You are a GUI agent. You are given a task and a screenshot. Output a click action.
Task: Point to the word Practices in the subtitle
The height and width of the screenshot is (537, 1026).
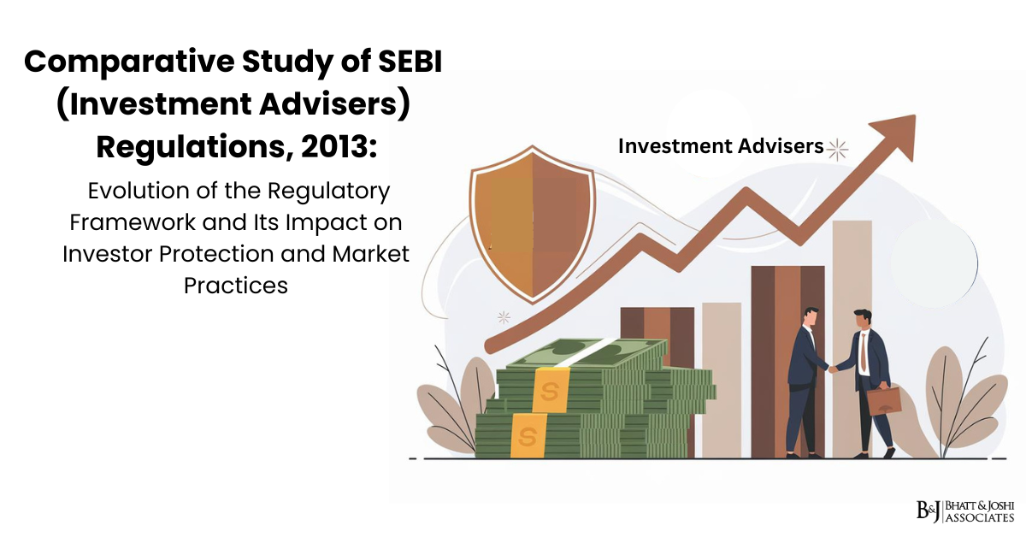coord(236,285)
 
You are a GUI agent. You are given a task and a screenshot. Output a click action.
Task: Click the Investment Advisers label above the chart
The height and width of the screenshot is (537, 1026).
coord(720,147)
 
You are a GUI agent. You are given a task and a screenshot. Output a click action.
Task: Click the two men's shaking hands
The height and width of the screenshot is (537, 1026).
coord(832,369)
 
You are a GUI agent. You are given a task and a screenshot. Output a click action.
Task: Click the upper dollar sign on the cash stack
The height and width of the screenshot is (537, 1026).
coord(550,390)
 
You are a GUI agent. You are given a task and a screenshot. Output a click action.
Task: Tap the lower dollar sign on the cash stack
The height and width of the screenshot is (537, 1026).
coord(527,434)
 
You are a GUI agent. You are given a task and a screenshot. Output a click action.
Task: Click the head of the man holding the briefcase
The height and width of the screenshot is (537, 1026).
coord(862,319)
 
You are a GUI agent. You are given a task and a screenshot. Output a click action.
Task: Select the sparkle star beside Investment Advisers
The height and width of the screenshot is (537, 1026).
coord(837,149)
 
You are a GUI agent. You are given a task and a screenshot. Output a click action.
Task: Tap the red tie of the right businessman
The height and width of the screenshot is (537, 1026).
coord(864,351)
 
